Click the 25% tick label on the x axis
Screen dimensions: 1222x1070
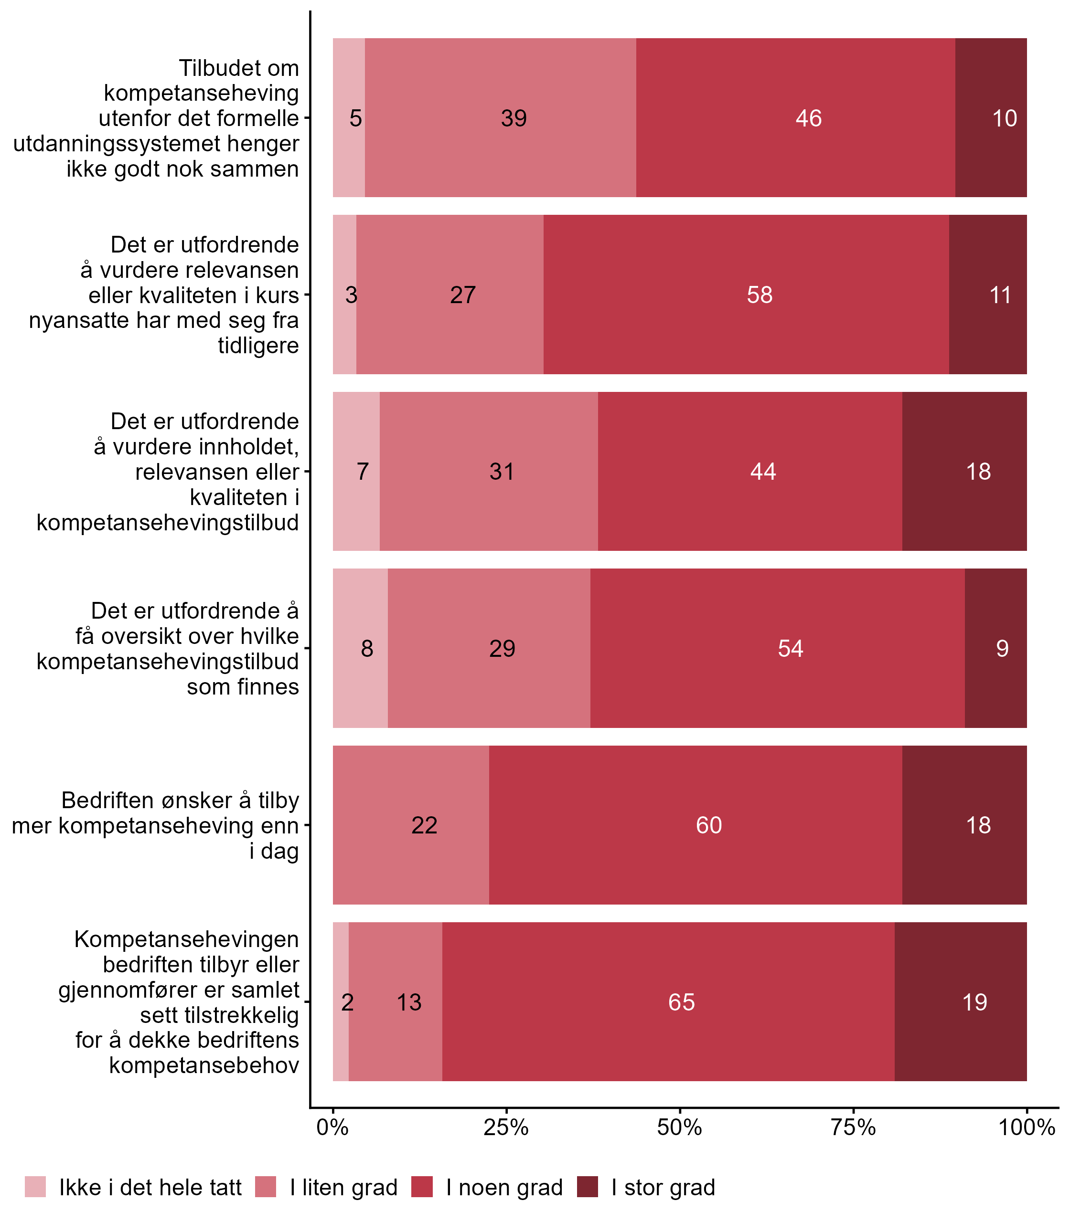click(x=506, y=1127)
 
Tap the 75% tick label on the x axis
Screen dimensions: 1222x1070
click(x=853, y=1127)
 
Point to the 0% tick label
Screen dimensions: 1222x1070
click(x=332, y=1127)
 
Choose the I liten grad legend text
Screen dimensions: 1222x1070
click(x=343, y=1188)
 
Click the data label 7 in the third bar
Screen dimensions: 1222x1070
click(x=363, y=472)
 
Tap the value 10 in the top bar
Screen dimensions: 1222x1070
click(x=1004, y=118)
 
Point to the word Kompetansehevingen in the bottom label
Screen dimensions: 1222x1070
click(x=186, y=939)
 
